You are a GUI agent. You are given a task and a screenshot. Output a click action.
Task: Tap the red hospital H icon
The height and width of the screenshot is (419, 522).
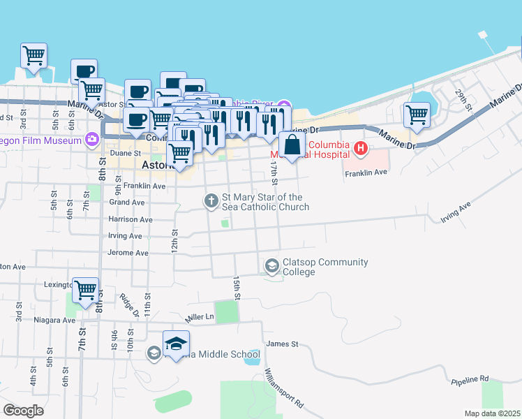click(x=361, y=148)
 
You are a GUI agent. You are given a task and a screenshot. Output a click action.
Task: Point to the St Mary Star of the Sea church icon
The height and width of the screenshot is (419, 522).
click(x=211, y=201)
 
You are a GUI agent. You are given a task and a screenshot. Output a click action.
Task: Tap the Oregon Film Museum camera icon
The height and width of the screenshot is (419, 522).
click(x=91, y=140)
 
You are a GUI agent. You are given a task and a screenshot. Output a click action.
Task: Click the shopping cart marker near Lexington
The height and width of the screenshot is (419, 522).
click(x=85, y=290)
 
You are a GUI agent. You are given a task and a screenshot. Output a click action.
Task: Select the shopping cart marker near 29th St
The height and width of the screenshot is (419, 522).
click(x=417, y=115)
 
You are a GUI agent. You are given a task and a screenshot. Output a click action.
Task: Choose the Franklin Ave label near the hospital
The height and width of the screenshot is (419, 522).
click(x=365, y=172)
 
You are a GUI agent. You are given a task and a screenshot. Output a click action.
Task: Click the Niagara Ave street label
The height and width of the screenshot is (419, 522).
click(x=54, y=320)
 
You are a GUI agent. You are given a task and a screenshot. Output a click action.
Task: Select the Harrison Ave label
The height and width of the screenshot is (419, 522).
click(x=130, y=219)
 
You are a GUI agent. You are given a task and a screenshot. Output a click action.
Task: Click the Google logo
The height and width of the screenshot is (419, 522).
click(x=23, y=411)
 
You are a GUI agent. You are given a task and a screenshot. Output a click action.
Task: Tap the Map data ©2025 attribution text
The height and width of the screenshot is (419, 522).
click(x=492, y=413)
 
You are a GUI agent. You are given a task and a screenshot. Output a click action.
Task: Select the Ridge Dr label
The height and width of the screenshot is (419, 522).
click(x=128, y=304)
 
